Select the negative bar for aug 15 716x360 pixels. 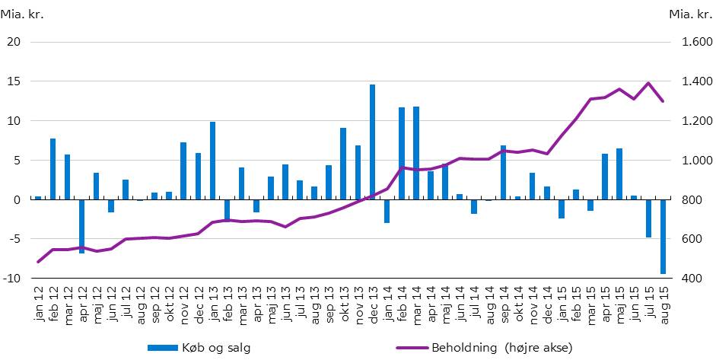663,236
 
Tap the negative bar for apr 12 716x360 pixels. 81,226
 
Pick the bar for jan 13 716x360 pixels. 212,161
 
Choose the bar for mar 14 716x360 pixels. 415,153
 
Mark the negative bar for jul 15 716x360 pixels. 648,218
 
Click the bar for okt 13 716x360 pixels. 343,164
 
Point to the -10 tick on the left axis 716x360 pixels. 12,279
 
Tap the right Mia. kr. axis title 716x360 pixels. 689,14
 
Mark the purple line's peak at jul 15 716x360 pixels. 648,83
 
